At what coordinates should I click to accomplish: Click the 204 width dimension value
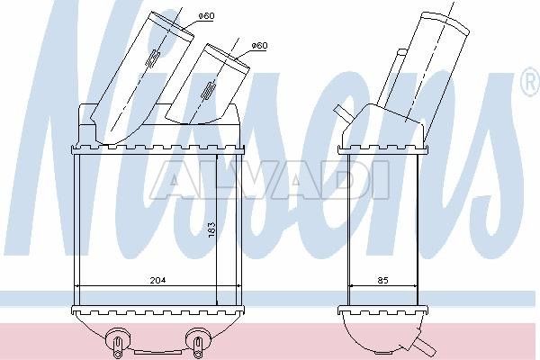click(x=157, y=280)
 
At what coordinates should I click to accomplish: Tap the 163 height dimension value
click(x=211, y=229)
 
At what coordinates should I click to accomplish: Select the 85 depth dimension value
click(x=383, y=280)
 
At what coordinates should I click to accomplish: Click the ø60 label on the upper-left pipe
click(x=207, y=16)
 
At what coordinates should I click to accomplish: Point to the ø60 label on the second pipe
click(x=259, y=46)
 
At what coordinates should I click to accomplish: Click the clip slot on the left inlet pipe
click(x=153, y=58)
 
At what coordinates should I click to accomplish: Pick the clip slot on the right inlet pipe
click(x=209, y=91)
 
